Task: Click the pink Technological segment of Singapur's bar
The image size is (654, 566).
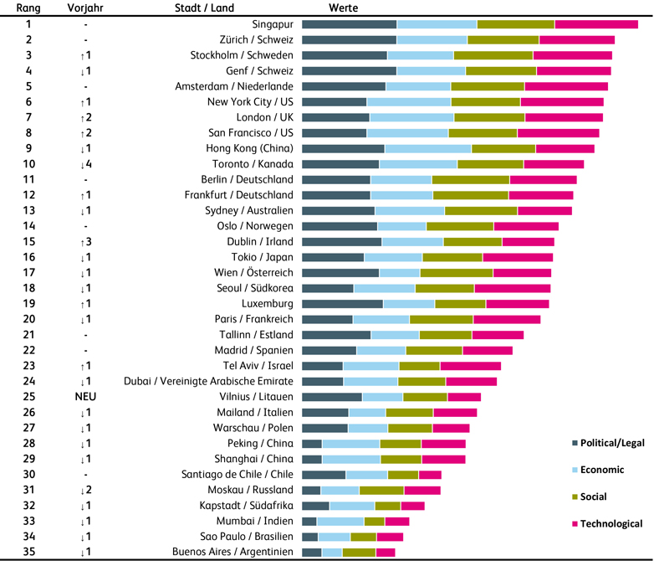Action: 596,24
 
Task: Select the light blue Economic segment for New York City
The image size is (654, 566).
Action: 410,102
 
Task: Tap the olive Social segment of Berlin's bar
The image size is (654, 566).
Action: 470,179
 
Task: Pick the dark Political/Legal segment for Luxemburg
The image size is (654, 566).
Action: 342,303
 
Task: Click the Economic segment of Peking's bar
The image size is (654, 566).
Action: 350,444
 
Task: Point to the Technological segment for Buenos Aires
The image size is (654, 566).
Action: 385,553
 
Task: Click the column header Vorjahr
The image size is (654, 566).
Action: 85,8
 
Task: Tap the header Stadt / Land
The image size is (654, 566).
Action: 204,8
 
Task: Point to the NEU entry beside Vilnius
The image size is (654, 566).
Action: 85,397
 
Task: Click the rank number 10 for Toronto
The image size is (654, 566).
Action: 28,164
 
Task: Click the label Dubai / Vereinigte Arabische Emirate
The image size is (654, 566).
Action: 209,381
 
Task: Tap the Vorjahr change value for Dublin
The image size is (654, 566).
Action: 85,241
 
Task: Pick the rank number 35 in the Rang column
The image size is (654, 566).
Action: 28,552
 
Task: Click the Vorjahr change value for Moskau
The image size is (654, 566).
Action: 85,490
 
